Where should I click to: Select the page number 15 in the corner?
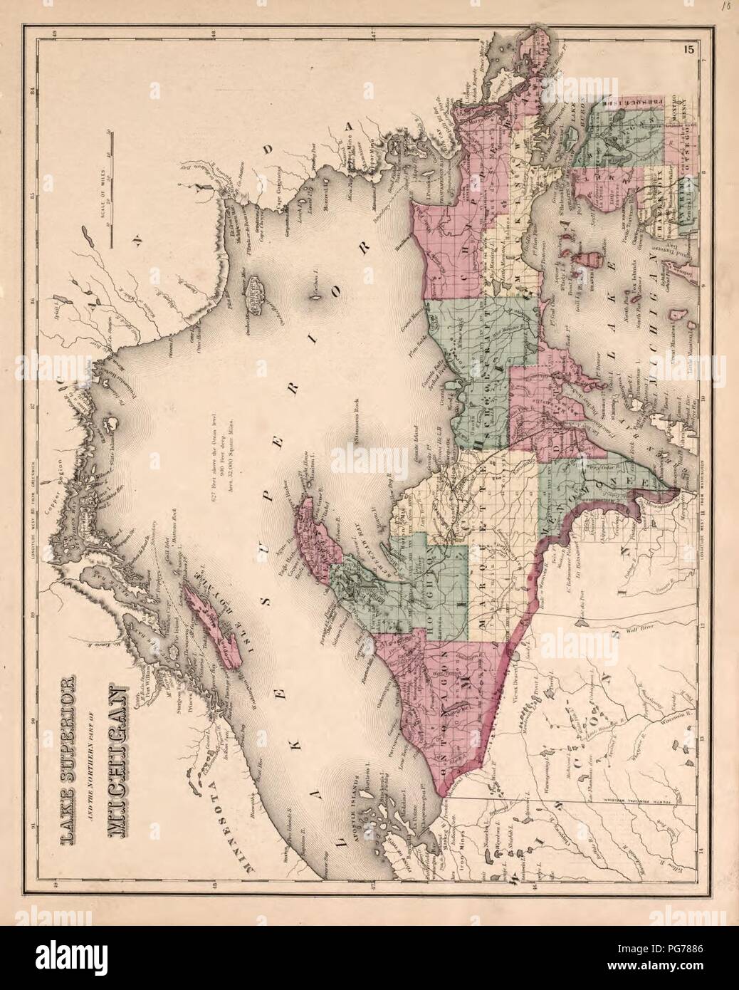point(687,70)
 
